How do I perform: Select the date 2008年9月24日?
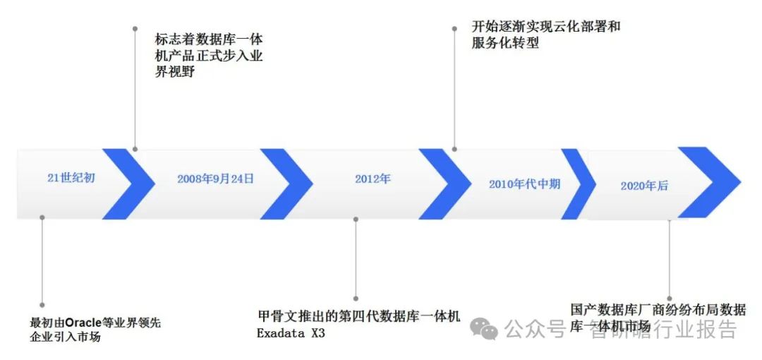[215, 179]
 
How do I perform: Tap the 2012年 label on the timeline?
[373, 179]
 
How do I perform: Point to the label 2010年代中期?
[524, 184]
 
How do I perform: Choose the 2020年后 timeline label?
[644, 186]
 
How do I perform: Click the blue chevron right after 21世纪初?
[131, 182]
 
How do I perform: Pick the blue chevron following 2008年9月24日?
[289, 184]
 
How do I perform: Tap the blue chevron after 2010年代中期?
[580, 184]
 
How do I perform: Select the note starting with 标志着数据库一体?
[209, 55]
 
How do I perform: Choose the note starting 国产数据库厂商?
[658, 317]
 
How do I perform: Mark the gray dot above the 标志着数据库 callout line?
[135, 28]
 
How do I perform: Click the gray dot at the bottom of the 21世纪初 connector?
[42, 306]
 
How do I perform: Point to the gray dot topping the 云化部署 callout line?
[454, 28]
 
